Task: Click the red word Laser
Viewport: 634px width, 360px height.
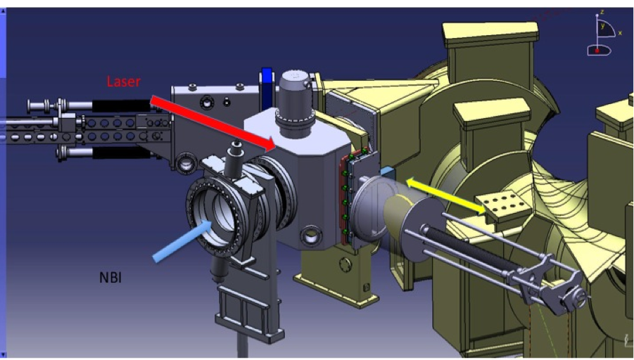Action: pyautogui.click(x=124, y=82)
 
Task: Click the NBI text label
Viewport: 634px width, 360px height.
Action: pyautogui.click(x=110, y=278)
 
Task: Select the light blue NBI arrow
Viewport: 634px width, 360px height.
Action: pyautogui.click(x=182, y=241)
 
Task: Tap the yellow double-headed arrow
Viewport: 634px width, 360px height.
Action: pyautogui.click(x=445, y=196)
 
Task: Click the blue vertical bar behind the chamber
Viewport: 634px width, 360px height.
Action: pyautogui.click(x=267, y=87)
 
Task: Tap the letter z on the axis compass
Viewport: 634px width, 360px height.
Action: pyautogui.click(x=602, y=12)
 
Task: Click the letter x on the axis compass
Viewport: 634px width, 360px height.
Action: pyautogui.click(x=620, y=33)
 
